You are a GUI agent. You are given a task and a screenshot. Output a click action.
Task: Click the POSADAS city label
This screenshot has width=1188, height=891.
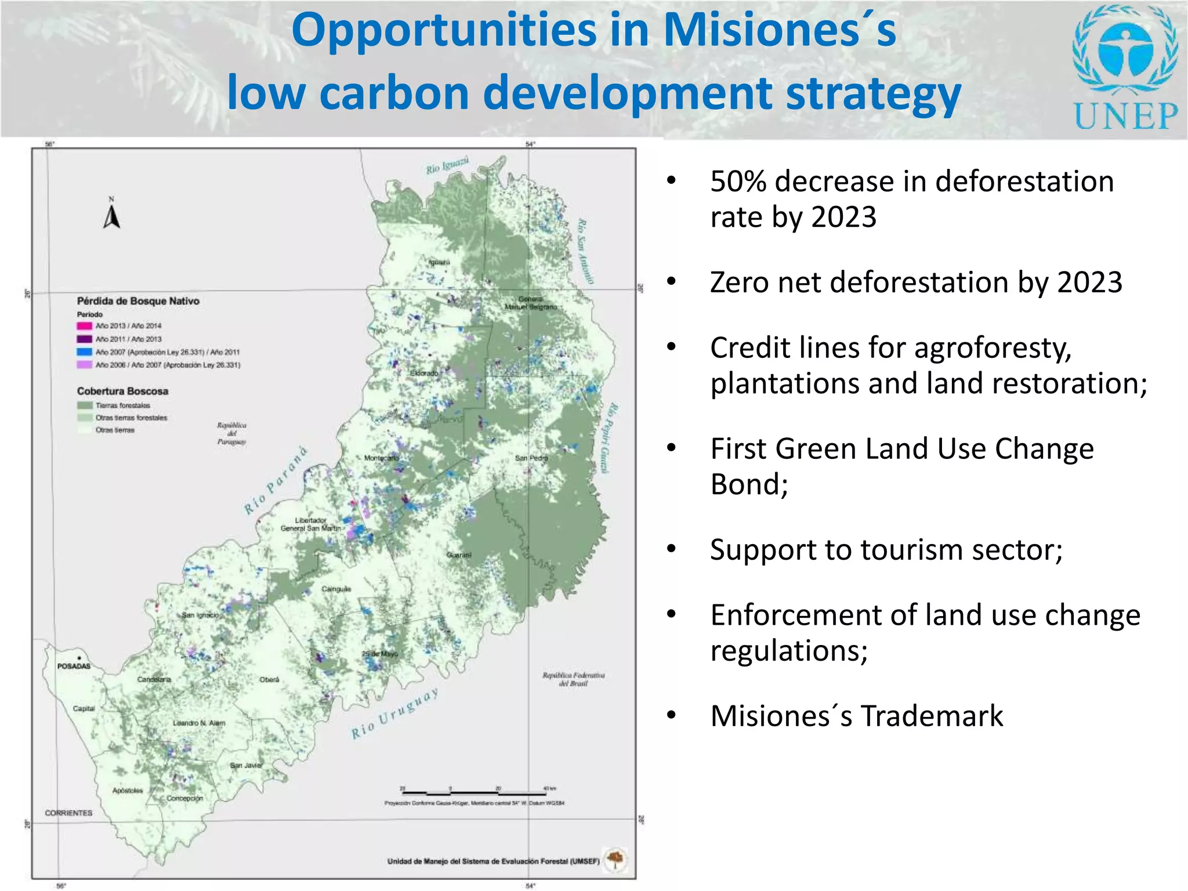pos(74,666)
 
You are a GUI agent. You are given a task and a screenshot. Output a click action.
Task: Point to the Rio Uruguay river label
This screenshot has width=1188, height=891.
pos(394,714)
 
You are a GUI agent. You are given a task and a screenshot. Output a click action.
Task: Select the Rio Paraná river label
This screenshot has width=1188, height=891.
pos(275,481)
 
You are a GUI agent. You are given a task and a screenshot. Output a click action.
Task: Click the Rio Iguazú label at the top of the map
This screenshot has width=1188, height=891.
pos(447,166)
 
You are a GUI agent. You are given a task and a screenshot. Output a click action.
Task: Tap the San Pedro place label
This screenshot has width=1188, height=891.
pos(531,458)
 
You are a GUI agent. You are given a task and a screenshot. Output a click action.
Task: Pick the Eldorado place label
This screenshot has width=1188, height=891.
pos(425,373)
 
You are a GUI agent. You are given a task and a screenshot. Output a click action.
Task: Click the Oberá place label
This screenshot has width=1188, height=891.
pos(269,679)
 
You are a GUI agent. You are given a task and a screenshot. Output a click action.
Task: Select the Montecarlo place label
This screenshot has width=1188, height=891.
pos(381,458)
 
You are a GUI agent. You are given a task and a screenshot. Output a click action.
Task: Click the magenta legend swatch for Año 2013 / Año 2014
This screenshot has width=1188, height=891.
pos(85,326)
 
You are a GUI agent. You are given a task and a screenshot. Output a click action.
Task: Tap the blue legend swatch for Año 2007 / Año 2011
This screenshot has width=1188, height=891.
pos(85,352)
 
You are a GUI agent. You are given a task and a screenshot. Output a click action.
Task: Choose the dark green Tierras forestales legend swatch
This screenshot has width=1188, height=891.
pos(85,405)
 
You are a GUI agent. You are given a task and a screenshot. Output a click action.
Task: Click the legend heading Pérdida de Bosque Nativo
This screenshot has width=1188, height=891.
pos(138,301)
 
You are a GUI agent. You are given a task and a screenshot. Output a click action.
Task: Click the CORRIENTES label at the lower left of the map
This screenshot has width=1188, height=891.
pos(68,813)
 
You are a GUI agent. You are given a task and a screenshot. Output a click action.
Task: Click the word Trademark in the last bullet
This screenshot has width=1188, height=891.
pos(932,716)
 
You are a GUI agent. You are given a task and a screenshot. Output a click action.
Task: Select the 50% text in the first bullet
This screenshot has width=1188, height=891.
pos(738,182)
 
